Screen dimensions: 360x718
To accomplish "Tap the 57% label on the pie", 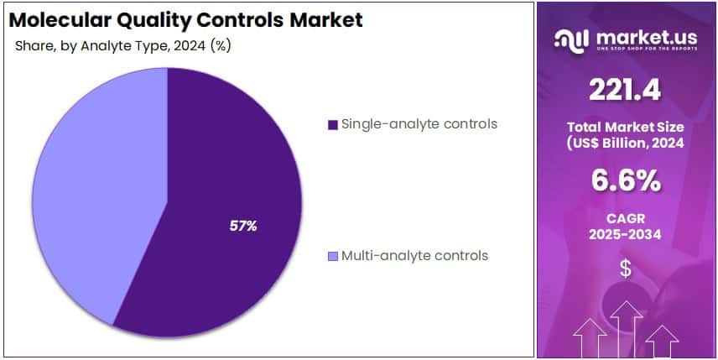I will tap(243, 226).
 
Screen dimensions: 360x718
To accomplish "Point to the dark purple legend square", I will tap(333, 125).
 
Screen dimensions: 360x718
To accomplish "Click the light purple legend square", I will tap(333, 256).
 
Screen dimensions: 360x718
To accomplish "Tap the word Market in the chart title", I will tap(324, 19).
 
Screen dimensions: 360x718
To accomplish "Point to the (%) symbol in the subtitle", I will tap(221, 45).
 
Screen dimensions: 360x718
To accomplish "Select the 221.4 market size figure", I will tap(625, 89).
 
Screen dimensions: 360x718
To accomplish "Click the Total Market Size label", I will tap(625, 127).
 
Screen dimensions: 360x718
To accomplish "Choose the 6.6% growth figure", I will tap(625, 180).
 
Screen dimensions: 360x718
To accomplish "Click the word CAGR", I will tap(625, 218).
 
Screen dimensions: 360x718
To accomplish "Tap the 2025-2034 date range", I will tap(625, 234).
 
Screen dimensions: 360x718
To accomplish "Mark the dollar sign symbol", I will tap(625, 269).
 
